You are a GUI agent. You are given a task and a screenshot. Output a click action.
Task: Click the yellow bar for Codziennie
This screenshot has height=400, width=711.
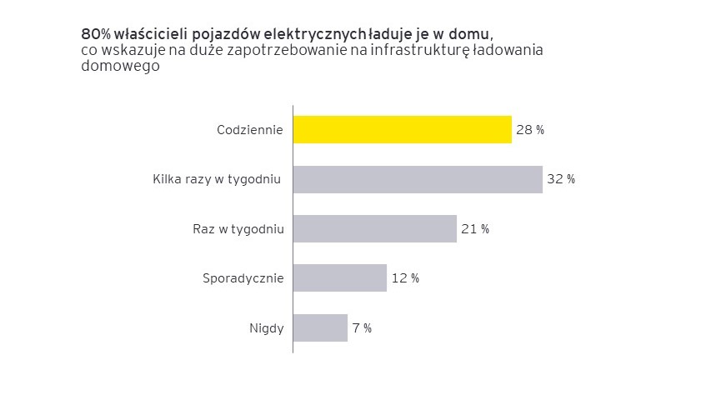[x=402, y=130]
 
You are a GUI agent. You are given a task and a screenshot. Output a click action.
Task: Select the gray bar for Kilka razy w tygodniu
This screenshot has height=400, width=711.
[x=418, y=179]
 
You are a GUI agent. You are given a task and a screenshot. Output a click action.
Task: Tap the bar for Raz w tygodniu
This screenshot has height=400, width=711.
[x=375, y=229]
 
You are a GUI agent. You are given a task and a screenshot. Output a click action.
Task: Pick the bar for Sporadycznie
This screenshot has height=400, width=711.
[x=340, y=278]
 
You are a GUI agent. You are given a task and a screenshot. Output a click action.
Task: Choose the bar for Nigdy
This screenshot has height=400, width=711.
[x=320, y=327]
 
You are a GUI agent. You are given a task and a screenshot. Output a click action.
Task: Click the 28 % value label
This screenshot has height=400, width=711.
[x=529, y=130]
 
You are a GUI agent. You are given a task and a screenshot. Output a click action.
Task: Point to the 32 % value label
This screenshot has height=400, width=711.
[x=560, y=179]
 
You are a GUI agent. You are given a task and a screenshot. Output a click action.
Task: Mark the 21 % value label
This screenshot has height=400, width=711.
[x=474, y=229]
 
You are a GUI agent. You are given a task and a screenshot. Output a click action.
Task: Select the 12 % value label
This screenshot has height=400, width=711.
[x=404, y=278]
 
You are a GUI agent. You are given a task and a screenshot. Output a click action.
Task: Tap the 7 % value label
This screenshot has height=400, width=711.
[x=362, y=327]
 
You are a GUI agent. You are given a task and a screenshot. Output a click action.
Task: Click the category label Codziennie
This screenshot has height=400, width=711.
[x=250, y=130]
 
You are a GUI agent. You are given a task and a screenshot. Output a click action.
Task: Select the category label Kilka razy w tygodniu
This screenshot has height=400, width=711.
[x=217, y=179]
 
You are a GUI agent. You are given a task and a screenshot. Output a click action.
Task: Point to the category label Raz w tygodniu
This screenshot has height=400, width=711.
[x=233, y=229]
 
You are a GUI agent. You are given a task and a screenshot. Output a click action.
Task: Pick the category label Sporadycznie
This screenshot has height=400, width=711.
[x=243, y=278]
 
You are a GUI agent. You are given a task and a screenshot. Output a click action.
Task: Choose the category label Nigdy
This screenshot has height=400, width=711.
[x=267, y=327]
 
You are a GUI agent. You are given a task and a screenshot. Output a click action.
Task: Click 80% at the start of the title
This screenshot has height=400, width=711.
[x=92, y=34]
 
